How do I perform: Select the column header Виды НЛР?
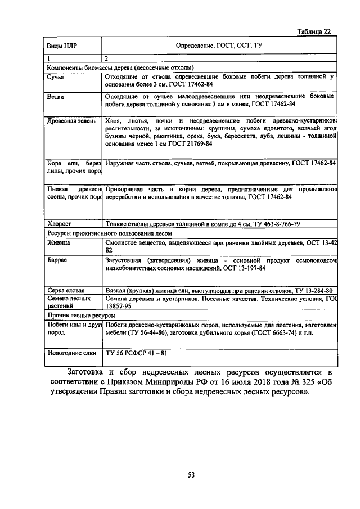click(x=60, y=45)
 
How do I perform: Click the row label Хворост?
click(x=61, y=223)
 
